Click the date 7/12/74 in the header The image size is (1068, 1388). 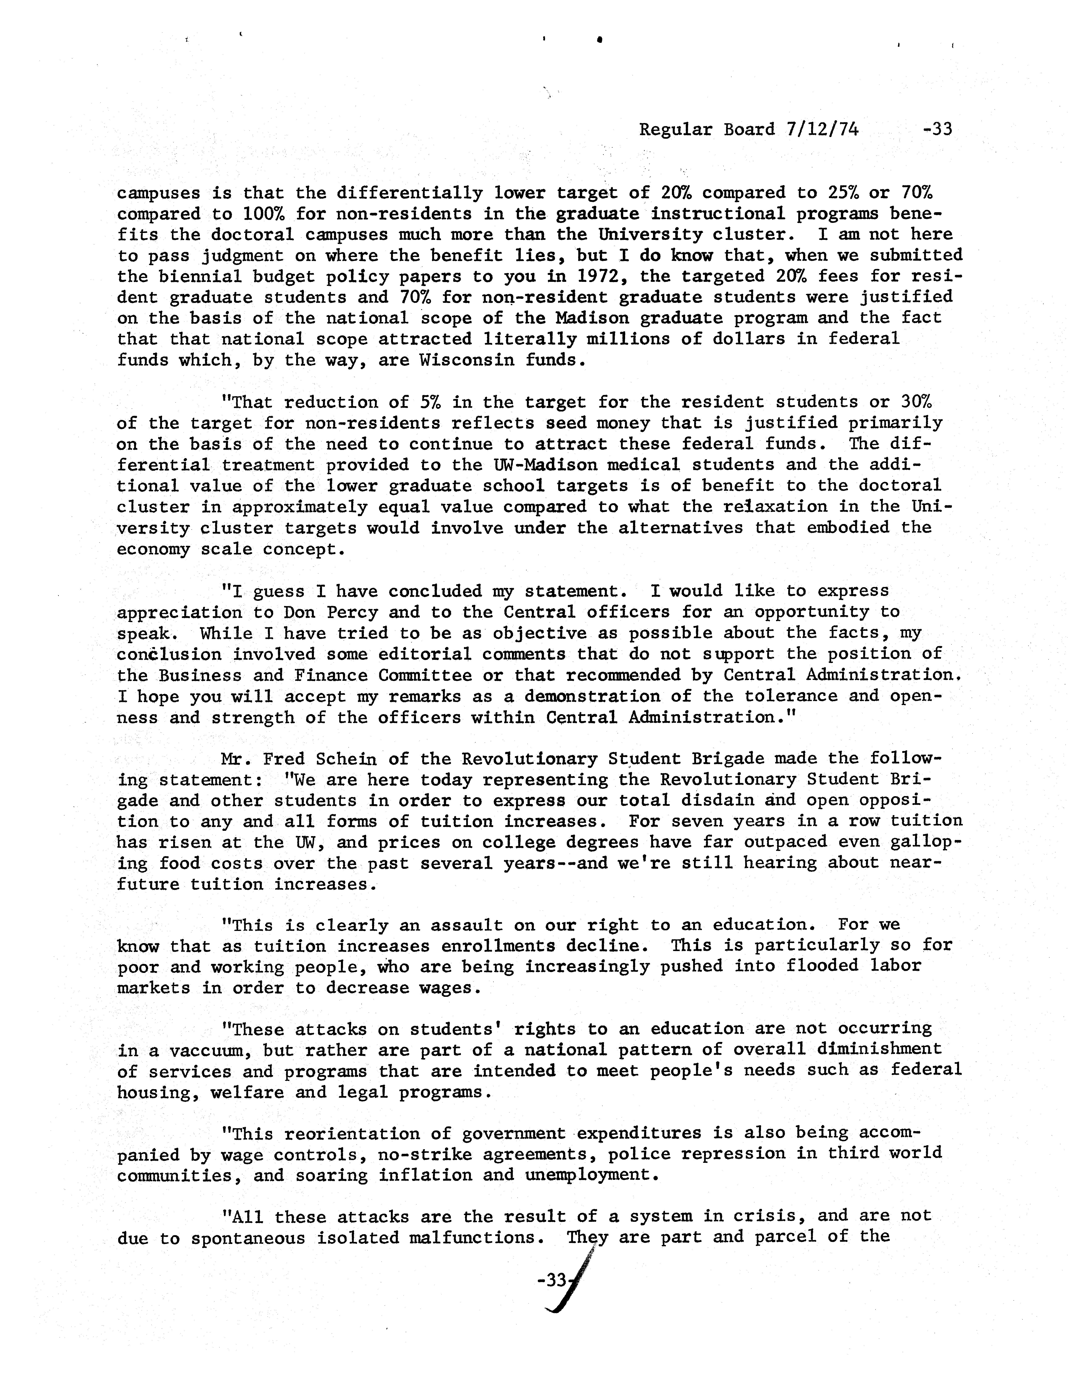[822, 130]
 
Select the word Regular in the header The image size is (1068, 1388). [675, 130]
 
